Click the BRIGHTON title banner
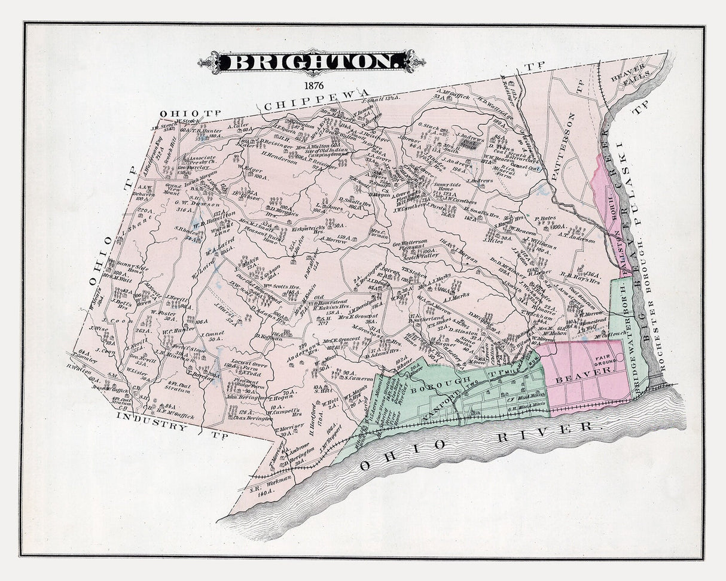[313, 62]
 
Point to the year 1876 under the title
[313, 84]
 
